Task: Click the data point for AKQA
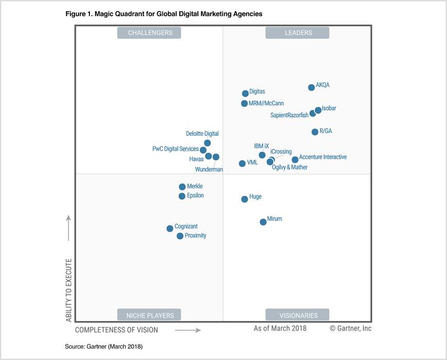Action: [311, 88]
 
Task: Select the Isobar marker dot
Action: [318, 110]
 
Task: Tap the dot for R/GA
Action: [315, 132]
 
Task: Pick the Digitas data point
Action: [246, 94]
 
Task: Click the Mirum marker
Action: [263, 222]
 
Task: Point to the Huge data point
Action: [245, 199]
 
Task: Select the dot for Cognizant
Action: [170, 229]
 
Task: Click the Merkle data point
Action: [182, 187]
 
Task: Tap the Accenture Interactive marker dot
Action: [295, 160]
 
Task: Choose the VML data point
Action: [243, 164]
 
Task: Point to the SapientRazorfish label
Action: [289, 116]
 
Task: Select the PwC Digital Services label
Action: [176, 149]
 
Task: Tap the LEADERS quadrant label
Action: [297, 33]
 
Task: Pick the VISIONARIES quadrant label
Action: [297, 315]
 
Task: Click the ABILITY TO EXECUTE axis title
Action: [69, 290]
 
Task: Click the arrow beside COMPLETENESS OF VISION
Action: [188, 330]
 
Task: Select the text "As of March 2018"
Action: [280, 328]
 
